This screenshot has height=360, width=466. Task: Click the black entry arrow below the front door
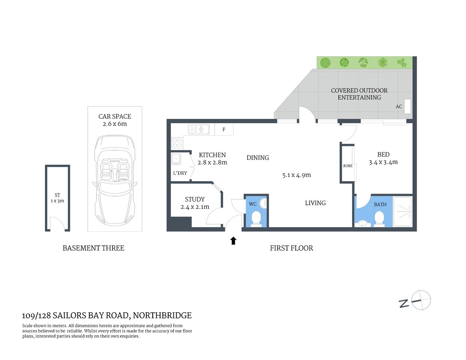(x=233, y=241)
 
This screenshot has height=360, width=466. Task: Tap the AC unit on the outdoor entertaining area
(x=407, y=106)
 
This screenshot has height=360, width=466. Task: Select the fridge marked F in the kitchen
(x=224, y=130)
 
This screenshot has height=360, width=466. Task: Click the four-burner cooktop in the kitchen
(x=177, y=143)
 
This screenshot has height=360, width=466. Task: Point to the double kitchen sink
(x=199, y=130)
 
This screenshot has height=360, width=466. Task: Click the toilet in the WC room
(x=256, y=218)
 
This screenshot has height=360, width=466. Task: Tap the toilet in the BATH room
(x=379, y=219)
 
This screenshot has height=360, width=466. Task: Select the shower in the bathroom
(x=403, y=211)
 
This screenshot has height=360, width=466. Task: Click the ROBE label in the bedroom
(x=348, y=166)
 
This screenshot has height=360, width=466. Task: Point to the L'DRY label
(x=180, y=173)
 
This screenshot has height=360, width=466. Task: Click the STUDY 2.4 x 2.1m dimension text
(x=195, y=207)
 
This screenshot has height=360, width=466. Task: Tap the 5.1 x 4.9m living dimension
(x=296, y=175)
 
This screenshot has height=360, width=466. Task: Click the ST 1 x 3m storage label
(x=57, y=198)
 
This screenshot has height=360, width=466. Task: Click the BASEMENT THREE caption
(x=93, y=248)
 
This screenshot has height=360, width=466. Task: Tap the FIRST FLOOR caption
(x=291, y=248)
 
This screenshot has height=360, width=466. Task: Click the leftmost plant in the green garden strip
(x=325, y=62)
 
